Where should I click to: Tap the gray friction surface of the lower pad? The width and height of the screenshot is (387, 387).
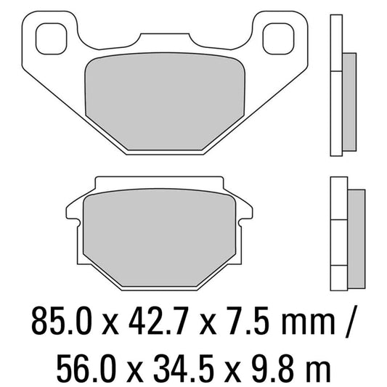(160, 232)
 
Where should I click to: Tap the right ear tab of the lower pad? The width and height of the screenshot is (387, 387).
(245, 211)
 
